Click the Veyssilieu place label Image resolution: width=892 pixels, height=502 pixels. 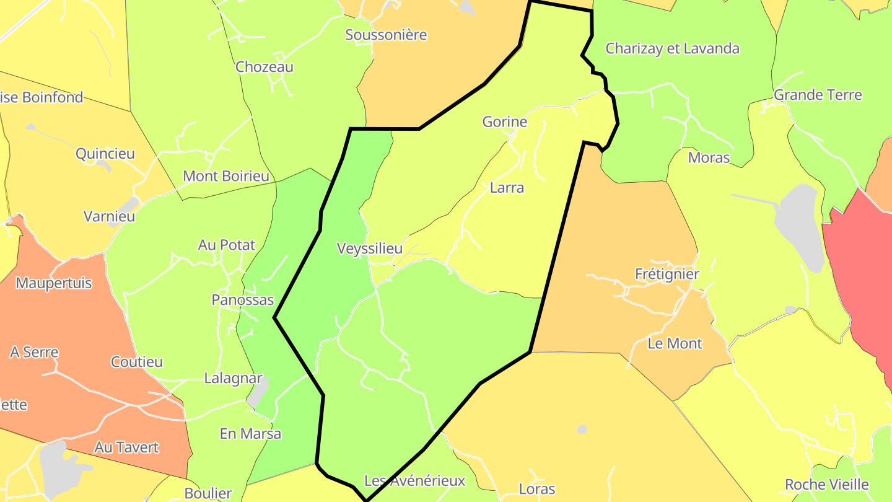click(370, 249)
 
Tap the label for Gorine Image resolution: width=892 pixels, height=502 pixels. click(505, 122)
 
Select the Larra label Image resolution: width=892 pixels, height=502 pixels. click(507, 188)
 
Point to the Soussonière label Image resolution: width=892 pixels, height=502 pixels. click(386, 35)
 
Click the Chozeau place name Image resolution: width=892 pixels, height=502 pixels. click(265, 67)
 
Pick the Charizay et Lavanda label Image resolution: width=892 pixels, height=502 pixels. click(672, 48)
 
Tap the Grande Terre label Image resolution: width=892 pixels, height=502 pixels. click(818, 95)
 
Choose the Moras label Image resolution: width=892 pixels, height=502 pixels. click(709, 157)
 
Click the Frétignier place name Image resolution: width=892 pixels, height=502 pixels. click(667, 274)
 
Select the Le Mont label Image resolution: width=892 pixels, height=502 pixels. click(675, 343)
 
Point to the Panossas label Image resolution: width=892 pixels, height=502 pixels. click(243, 300)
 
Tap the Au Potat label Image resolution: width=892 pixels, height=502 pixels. click(227, 245)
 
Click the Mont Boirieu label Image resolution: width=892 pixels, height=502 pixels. click(226, 176)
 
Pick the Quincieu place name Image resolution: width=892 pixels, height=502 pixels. click(105, 154)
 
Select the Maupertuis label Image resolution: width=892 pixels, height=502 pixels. click(54, 283)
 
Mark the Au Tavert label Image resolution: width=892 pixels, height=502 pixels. click(127, 447)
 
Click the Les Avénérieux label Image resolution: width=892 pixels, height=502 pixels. click(414, 480)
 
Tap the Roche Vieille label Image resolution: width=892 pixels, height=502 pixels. click(827, 485)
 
